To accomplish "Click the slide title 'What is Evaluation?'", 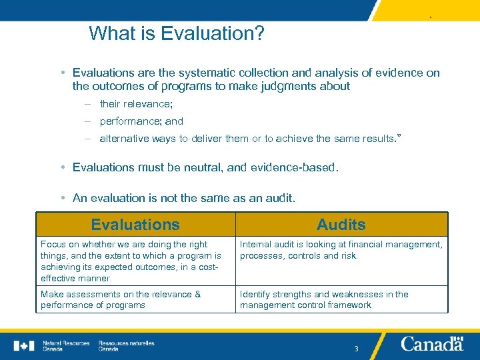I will [x=177, y=33].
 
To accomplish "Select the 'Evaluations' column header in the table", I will [x=135, y=225].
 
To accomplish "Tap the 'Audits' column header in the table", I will [x=341, y=225].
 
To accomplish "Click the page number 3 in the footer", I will [x=356, y=349].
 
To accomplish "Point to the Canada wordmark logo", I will [x=432, y=344].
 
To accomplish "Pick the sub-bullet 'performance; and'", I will [x=141, y=121].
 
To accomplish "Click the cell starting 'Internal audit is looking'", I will [x=341, y=250].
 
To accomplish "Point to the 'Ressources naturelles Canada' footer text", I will [x=126, y=345].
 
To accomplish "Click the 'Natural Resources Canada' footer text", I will [x=66, y=345].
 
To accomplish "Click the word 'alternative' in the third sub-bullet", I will [x=124, y=139].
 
